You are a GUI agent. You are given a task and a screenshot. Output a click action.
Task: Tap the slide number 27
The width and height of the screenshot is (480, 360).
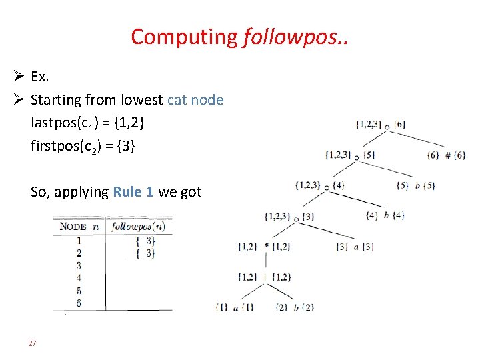point(31,343)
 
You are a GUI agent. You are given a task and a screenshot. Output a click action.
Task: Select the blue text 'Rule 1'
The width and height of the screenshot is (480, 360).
point(133,192)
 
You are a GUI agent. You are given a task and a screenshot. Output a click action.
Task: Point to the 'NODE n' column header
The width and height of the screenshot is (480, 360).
point(79,226)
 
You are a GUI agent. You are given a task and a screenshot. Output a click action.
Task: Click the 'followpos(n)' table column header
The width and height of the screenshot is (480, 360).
point(138,226)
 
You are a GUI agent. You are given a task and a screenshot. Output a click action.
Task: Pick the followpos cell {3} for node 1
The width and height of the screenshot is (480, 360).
point(145,241)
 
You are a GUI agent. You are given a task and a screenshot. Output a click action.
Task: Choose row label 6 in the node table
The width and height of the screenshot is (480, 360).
point(79,303)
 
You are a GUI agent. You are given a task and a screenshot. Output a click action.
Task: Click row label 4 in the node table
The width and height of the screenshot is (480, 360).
point(79,278)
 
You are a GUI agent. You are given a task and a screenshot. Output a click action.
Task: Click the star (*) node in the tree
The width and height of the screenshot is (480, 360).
point(266,247)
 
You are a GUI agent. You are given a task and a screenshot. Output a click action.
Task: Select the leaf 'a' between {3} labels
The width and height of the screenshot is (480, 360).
point(355,247)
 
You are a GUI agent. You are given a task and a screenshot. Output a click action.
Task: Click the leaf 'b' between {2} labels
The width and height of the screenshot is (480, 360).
point(295,307)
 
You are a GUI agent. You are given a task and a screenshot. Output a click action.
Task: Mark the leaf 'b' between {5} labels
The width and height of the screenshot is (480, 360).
point(417,186)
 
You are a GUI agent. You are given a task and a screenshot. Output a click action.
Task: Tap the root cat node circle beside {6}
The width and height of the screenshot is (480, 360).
point(387,125)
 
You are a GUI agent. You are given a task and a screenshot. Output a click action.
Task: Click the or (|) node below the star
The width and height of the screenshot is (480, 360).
point(266,277)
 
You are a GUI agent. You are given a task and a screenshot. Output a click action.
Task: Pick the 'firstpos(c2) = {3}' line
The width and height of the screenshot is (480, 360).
point(83,145)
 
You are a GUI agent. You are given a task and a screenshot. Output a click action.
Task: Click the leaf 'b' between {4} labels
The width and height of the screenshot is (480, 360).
point(386,216)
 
